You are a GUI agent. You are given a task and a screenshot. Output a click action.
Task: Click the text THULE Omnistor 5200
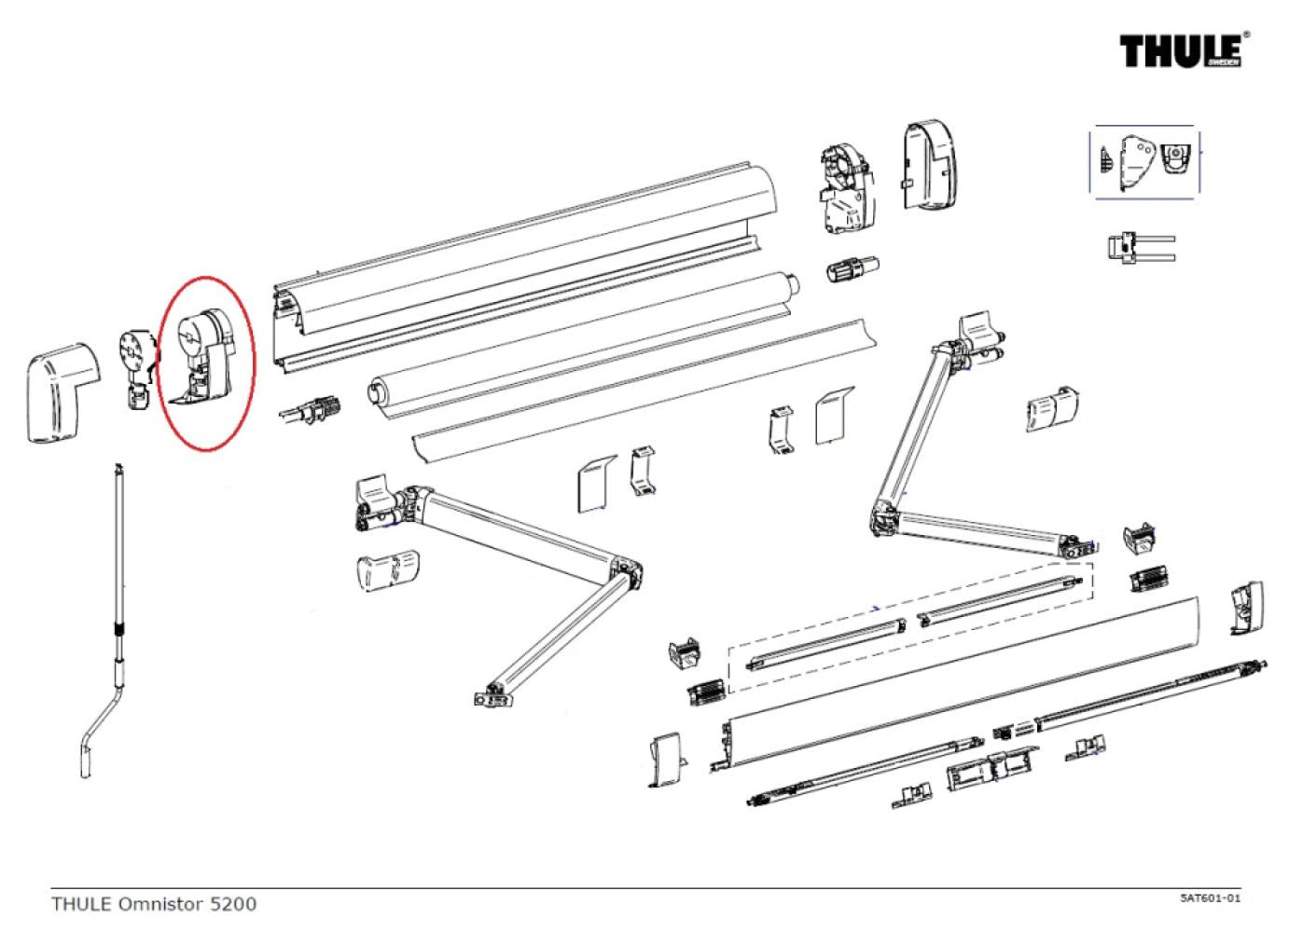pos(154,903)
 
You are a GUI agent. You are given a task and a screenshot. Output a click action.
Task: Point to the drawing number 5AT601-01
pos(1210,898)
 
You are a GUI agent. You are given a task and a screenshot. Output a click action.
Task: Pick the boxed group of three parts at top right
pos(1145,160)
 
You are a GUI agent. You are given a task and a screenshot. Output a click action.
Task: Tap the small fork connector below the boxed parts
pos(1138,247)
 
